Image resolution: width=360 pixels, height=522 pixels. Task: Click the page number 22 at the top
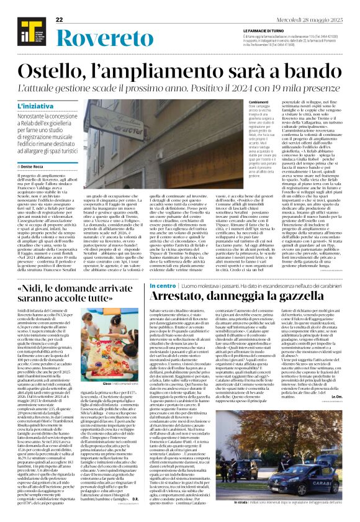coord(60,20)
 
